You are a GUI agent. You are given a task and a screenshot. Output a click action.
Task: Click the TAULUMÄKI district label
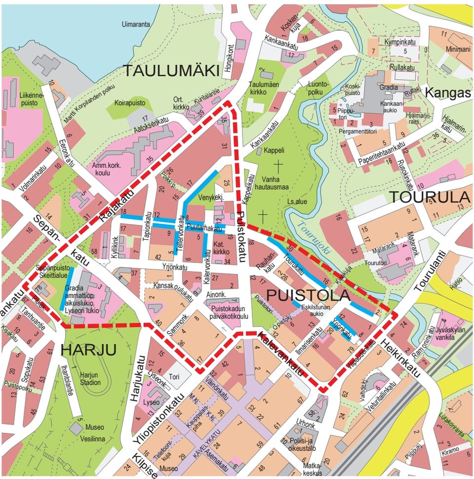[x=171, y=71]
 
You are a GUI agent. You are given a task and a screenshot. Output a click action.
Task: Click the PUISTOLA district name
[x=308, y=295]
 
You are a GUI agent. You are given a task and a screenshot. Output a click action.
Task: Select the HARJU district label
[x=88, y=350]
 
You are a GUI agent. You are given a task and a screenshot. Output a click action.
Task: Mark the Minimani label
[x=458, y=49]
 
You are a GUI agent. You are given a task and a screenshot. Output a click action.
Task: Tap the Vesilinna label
[x=94, y=438]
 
